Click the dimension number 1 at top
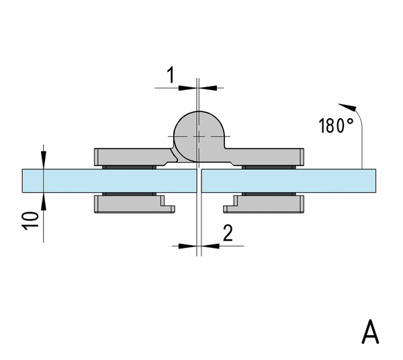pos(171,75)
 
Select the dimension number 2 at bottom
pos(228,233)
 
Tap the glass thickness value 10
pos(31,221)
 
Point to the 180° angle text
pos(336,126)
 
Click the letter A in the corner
pos(370,332)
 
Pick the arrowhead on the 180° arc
pos(348,107)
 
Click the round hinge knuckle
pos(199,136)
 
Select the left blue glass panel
pos(109,181)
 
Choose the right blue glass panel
pos(289,181)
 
